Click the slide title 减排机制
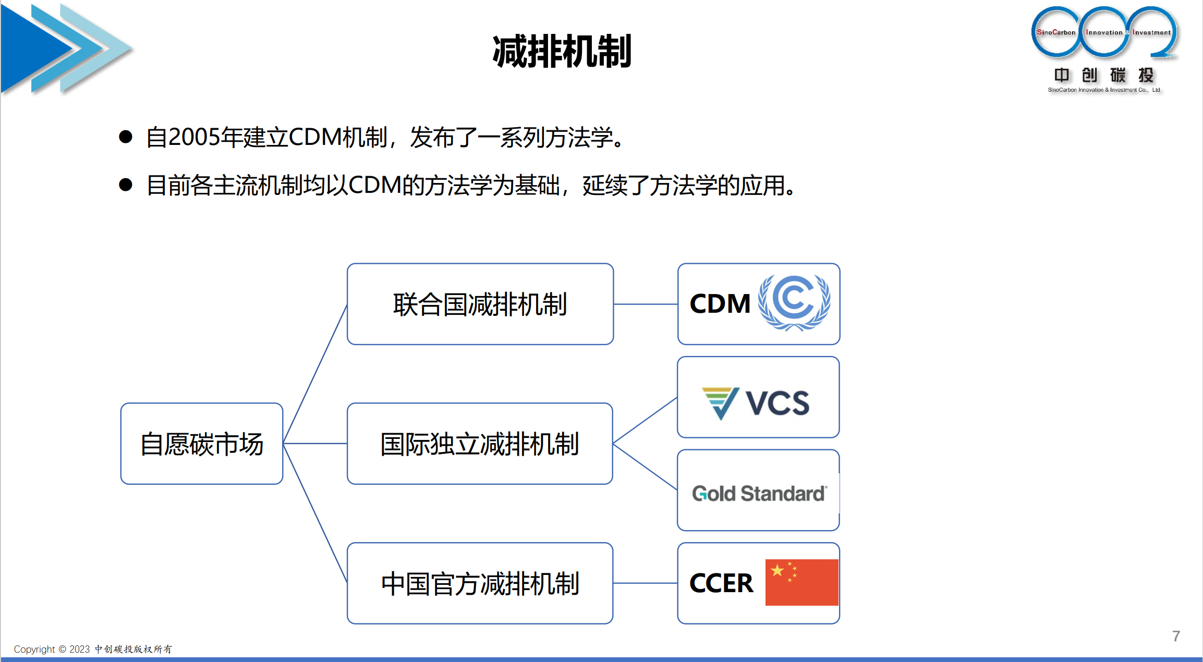(x=562, y=52)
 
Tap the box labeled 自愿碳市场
(x=202, y=444)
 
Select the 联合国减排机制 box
(x=480, y=304)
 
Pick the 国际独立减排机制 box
(x=480, y=444)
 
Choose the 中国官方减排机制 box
(x=480, y=583)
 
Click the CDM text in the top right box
(x=720, y=304)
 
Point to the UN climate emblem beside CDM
(x=794, y=302)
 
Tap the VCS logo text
(x=777, y=402)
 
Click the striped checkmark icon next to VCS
(x=720, y=402)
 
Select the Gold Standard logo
(x=759, y=493)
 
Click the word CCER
(x=721, y=583)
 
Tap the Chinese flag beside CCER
(x=801, y=582)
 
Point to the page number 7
(x=1176, y=636)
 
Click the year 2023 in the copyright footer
(x=79, y=649)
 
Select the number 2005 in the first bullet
(x=193, y=137)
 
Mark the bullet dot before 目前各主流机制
(x=125, y=185)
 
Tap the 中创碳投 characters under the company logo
(x=1103, y=75)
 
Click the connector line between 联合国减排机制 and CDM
(x=646, y=304)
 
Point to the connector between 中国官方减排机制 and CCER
(x=646, y=583)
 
